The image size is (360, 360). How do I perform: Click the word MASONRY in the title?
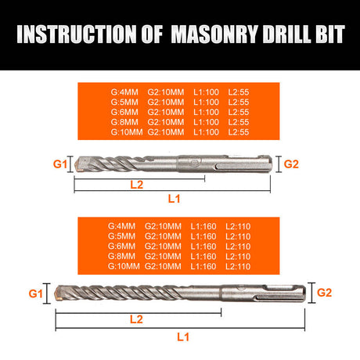tap(214, 34)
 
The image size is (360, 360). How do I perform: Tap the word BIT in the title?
tap(330, 34)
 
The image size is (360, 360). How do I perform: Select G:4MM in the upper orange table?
tap(124, 92)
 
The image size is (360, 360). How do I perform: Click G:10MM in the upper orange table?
tap(127, 132)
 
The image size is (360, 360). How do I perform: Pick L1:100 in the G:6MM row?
tap(206, 112)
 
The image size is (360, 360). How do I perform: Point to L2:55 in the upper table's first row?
tap(239, 92)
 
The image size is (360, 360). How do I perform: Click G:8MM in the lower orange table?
tap(121, 256)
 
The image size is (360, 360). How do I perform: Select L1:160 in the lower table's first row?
tap(203, 226)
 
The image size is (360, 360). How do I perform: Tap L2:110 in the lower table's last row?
tap(238, 266)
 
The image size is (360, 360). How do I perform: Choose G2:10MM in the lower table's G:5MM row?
tap(163, 236)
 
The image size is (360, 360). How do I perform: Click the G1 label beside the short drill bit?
tap(60, 164)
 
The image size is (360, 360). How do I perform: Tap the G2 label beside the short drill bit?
tap(291, 164)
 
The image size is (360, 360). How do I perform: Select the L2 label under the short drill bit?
tap(137, 185)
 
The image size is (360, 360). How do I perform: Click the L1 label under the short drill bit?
tap(174, 199)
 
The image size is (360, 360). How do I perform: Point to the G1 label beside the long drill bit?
tap(35, 293)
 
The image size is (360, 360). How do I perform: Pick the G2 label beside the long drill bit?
tap(324, 293)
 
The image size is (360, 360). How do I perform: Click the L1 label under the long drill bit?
tap(183, 337)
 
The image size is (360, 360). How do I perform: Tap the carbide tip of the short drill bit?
tap(79, 164)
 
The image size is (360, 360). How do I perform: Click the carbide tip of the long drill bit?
tap(59, 293)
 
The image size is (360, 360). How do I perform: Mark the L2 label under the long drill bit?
tap(136, 319)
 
